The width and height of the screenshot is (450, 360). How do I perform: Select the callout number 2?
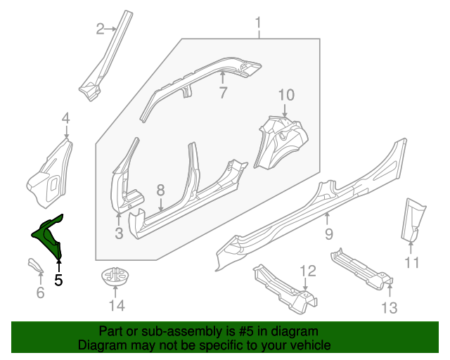[x=101, y=29]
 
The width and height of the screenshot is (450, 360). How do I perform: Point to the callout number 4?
[x=65, y=117]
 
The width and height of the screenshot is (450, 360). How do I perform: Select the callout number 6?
[x=40, y=292]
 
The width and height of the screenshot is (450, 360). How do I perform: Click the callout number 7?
[x=222, y=93]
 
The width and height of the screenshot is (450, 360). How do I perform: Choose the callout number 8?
[x=160, y=190]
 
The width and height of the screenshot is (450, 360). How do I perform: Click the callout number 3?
[x=119, y=233]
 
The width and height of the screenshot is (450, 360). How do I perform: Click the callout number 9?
[x=328, y=233]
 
